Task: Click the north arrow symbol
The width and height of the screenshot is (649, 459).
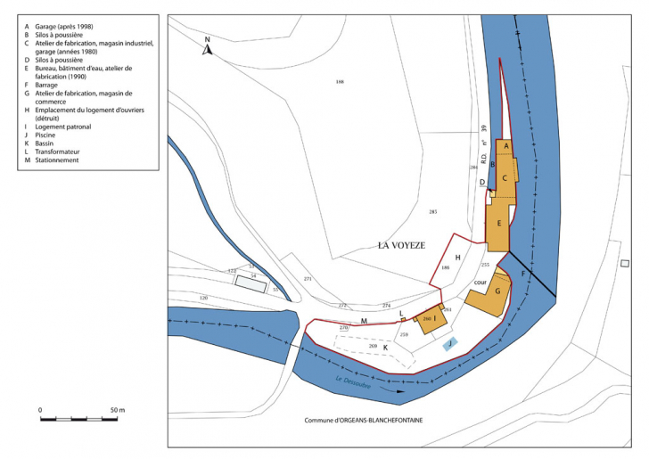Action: click(207, 47)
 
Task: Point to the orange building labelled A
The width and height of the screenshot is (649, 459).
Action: click(505, 145)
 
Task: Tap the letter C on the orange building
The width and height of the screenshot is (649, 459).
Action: click(505, 177)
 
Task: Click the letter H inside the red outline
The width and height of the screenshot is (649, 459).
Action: click(457, 257)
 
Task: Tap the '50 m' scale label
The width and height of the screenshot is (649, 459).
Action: click(117, 409)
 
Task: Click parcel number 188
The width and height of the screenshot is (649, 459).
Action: click(340, 82)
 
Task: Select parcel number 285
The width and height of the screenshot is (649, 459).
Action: click(433, 211)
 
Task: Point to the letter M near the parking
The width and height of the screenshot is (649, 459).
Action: click(364, 320)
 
